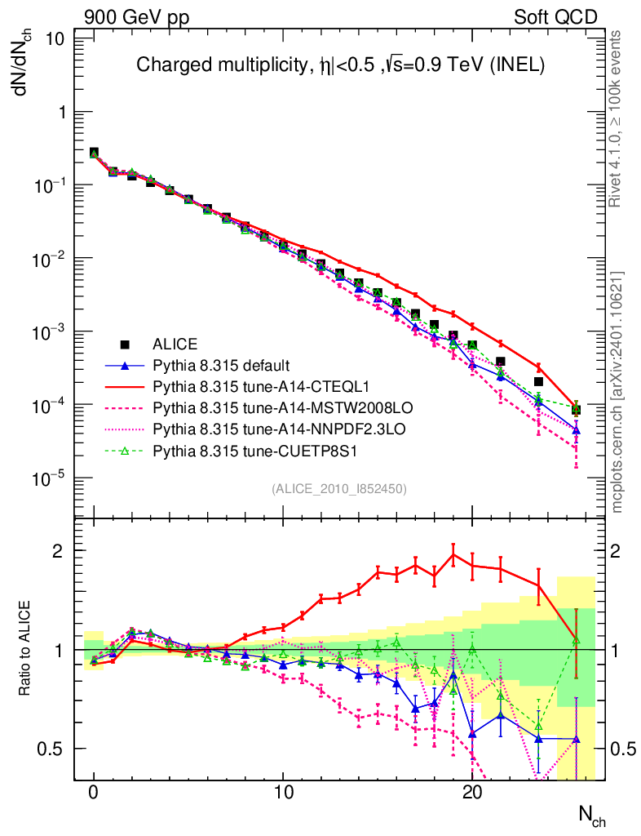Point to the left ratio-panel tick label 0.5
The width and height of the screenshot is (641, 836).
[56, 749]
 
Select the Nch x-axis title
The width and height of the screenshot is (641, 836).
[591, 816]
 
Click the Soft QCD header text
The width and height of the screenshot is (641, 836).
[555, 17]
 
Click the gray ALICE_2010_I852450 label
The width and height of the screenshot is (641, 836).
[339, 488]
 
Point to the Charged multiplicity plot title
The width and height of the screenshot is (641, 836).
[339, 64]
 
